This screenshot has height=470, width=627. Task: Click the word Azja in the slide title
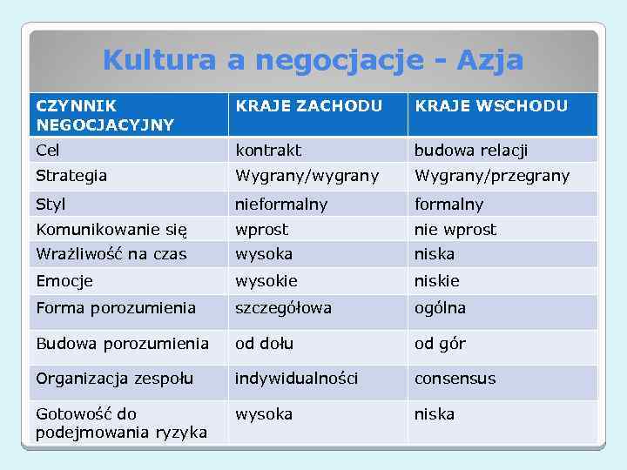[490, 60]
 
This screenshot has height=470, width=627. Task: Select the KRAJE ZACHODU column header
[308, 106]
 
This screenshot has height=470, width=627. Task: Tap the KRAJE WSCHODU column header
[491, 106]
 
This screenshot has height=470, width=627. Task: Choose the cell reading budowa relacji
[471, 150]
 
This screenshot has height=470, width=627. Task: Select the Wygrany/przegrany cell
[492, 176]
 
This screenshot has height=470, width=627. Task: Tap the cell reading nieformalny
[281, 205]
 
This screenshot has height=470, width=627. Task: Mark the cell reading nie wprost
[455, 230]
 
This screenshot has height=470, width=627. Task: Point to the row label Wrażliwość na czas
[111, 254]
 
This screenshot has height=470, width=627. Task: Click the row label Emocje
[64, 281]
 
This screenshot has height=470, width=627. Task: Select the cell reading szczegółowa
[283, 308]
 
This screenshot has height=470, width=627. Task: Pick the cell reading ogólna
[440, 308]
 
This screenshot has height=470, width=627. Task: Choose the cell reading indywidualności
[296, 379]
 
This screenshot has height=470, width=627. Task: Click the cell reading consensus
[455, 379]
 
